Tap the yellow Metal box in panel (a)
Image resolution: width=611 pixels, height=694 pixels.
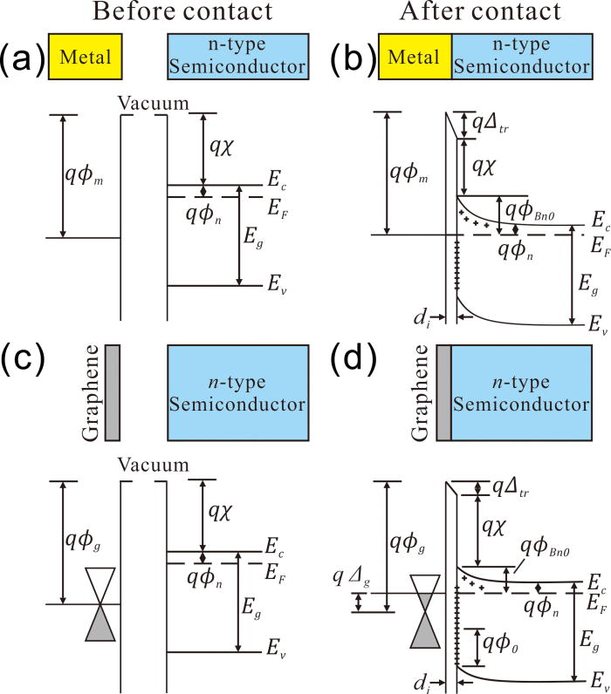point(86,58)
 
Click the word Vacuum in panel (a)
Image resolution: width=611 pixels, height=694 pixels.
point(154,103)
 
